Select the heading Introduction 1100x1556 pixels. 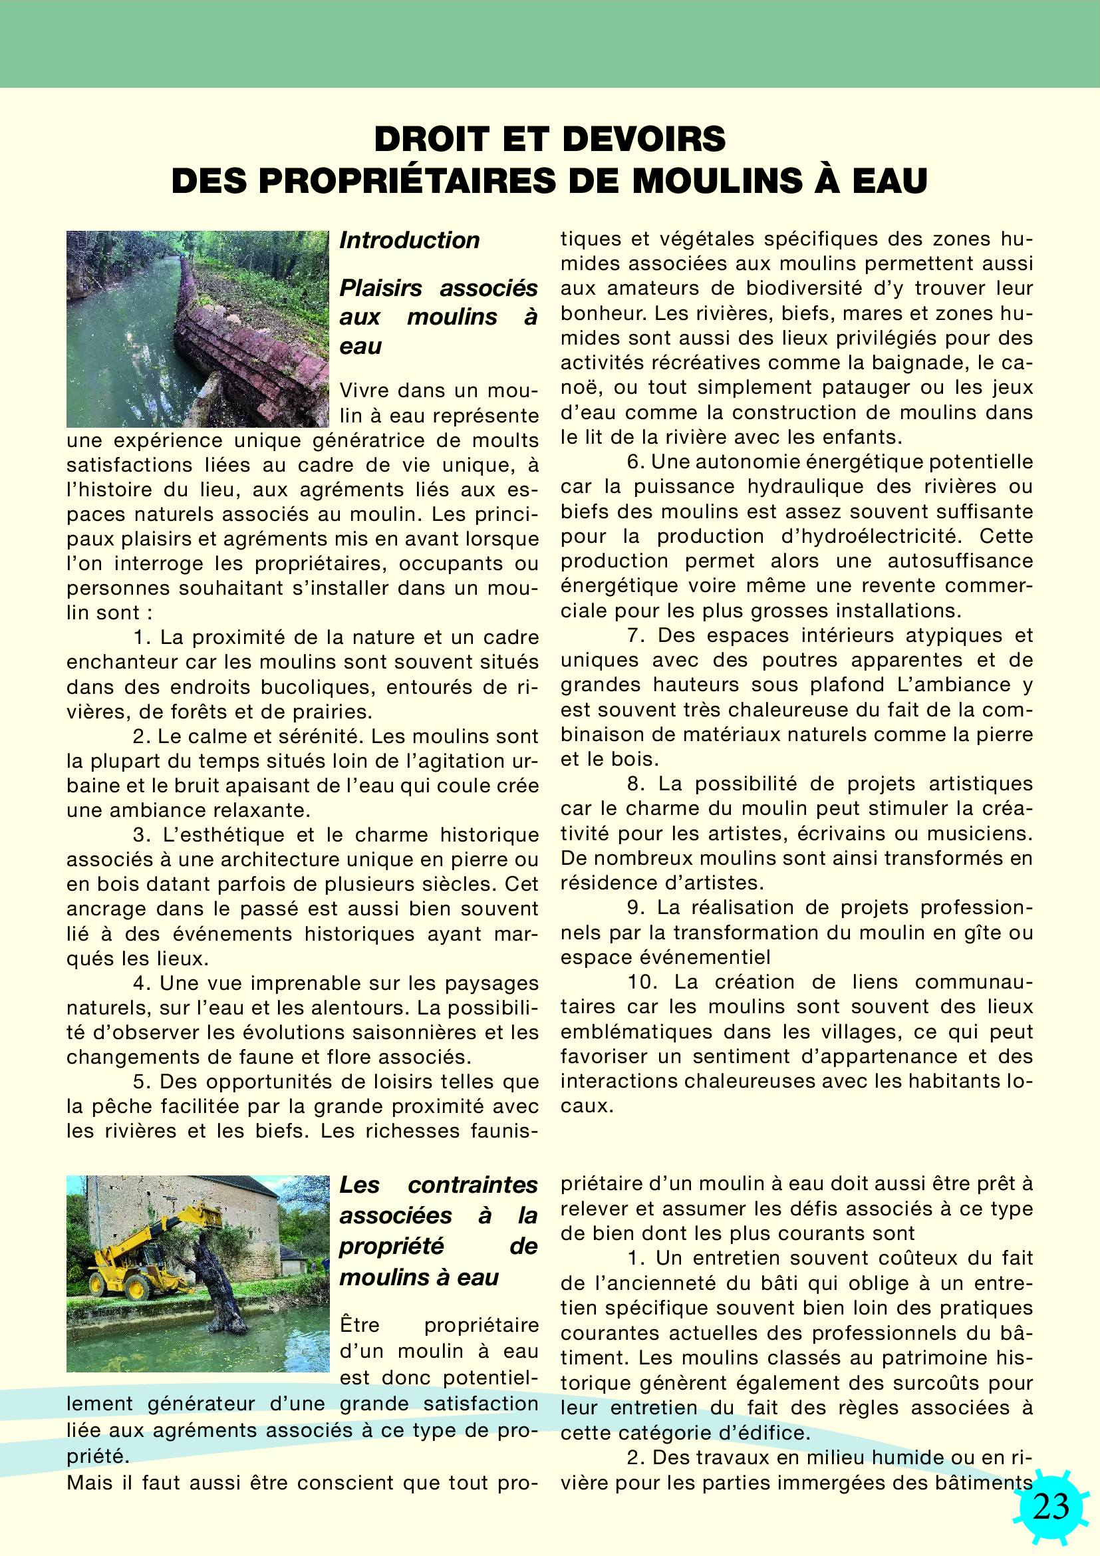click(x=409, y=241)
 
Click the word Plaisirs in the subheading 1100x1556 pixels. click(x=380, y=288)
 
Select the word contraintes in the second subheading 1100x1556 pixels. click(x=472, y=1185)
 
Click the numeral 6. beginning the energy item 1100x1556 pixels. click(x=635, y=462)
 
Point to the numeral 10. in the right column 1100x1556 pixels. click(x=641, y=982)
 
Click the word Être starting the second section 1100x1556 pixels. click(x=360, y=1325)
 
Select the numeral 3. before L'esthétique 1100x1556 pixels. click(x=141, y=836)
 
